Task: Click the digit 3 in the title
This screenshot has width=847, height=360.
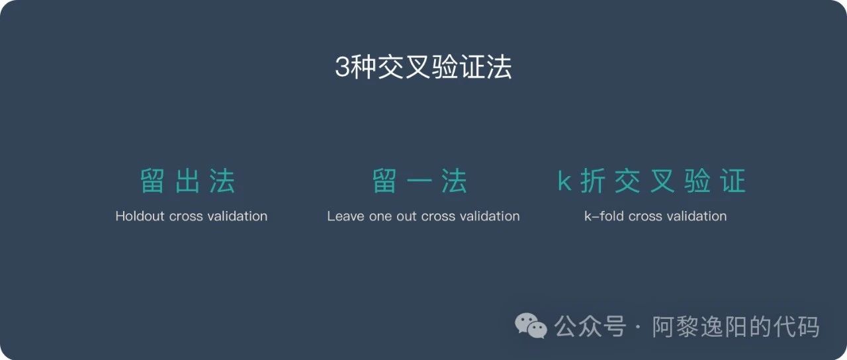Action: (343, 67)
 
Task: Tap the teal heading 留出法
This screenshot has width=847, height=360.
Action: (188, 181)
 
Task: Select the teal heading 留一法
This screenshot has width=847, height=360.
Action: (420, 181)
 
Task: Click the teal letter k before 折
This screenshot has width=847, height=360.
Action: (564, 181)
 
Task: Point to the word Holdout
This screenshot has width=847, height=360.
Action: (140, 216)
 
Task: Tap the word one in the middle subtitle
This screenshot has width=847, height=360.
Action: (380, 217)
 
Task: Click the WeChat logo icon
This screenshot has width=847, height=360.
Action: (531, 325)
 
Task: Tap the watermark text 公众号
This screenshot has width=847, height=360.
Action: (590, 326)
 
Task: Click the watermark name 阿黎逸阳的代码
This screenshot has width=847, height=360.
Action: (735, 326)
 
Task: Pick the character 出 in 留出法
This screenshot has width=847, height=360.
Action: (188, 181)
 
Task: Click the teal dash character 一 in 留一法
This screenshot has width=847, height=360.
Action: (420, 181)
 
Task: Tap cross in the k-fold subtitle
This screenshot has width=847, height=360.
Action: (645, 217)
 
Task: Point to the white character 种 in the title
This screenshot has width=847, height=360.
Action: (363, 67)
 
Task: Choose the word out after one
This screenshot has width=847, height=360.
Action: (406, 216)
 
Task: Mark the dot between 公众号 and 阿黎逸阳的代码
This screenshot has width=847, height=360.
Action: (639, 327)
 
